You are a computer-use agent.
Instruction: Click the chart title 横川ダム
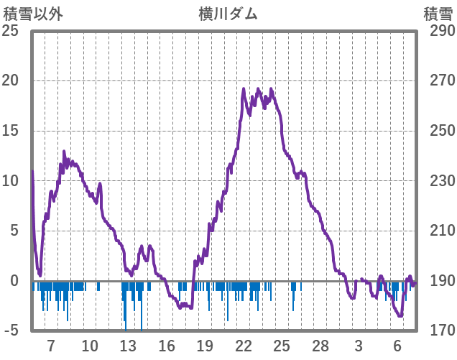pos(228,14)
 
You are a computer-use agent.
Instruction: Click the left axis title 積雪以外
pos(33,14)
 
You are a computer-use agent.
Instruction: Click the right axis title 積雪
pos(437,14)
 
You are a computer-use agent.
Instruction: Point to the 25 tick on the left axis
pos(11,31)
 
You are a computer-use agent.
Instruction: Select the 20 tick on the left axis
pos(11,80)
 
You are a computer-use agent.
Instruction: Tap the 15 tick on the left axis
pos(11,131)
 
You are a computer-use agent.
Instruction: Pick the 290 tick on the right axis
pos(438,31)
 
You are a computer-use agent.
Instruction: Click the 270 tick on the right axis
pos(438,80)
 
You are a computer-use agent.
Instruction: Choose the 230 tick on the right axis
pos(438,181)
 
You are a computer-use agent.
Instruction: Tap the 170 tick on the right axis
pos(438,331)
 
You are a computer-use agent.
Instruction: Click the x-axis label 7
pos(51,345)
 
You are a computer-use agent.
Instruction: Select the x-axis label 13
pos(128,345)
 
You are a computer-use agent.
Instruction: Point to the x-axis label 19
pos(205,345)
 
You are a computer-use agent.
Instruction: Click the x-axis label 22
pos(243,345)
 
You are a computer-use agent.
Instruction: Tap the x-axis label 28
pos(320,345)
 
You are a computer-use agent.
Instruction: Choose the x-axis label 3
pos(359,345)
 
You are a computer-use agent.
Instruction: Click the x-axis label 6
pos(397,345)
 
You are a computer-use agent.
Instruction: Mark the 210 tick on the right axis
pos(438,231)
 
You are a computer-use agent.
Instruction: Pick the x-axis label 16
pos(166,345)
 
